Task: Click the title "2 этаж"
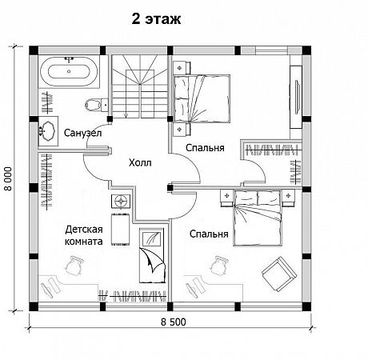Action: tap(156, 19)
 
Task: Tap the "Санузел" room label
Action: tap(82, 133)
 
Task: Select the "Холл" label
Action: tap(140, 162)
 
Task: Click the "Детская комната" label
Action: tap(84, 235)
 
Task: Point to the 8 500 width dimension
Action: tap(174, 322)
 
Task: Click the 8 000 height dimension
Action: tap(9, 178)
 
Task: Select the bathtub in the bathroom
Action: tap(69, 71)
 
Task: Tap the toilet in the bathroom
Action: tap(93, 105)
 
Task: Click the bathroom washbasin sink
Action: tap(48, 131)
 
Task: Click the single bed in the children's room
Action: tap(153, 255)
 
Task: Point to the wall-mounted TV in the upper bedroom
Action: tap(297, 96)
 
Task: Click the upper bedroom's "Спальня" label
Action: tap(205, 148)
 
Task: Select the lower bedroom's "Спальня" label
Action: tap(209, 234)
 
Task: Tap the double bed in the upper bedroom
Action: tap(202, 98)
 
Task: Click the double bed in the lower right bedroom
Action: tap(258, 218)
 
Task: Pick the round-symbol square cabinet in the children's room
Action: tap(122, 201)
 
